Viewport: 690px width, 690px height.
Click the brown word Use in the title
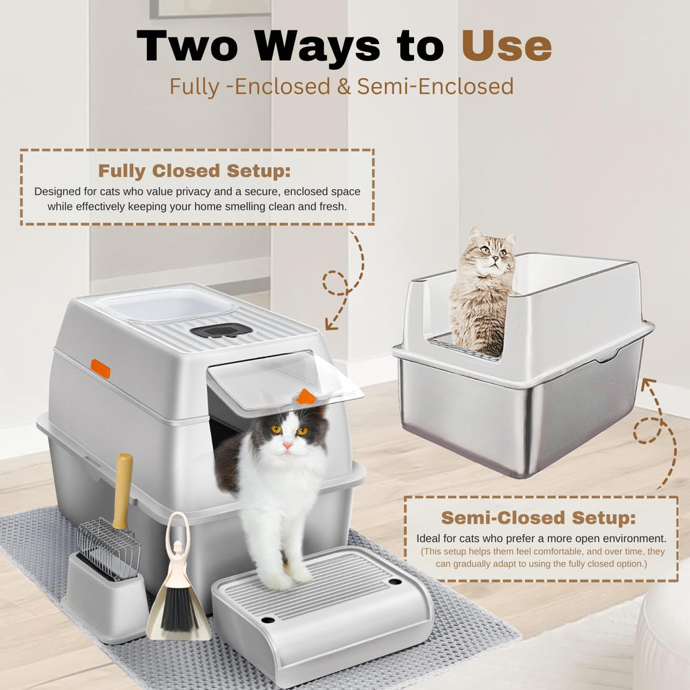pyautogui.click(x=506, y=46)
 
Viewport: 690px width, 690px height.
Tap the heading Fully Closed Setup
pyautogui.click(x=195, y=170)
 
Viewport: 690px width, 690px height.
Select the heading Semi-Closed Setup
pyautogui.click(x=539, y=517)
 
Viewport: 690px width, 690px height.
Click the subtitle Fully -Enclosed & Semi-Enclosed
pyautogui.click(x=342, y=86)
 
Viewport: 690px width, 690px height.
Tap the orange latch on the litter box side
pyautogui.click(x=100, y=368)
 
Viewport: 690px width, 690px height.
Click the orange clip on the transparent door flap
pyautogui.click(x=306, y=397)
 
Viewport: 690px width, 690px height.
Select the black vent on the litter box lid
pyautogui.click(x=221, y=330)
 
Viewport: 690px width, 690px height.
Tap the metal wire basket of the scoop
pyautogui.click(x=108, y=549)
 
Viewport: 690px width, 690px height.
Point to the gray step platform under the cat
pyautogui.click(x=322, y=611)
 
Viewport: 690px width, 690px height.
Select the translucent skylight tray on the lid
pyautogui.click(x=166, y=304)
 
